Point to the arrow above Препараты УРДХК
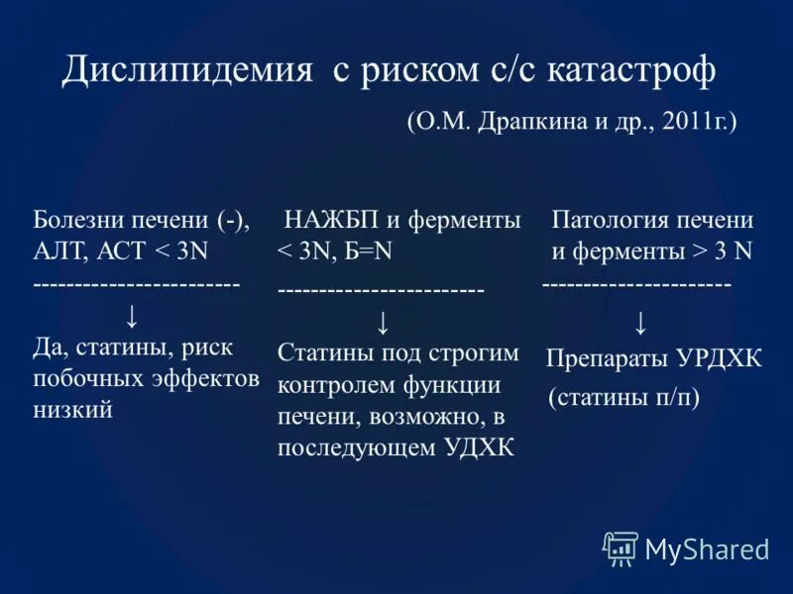pyautogui.click(x=641, y=322)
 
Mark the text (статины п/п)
pyautogui.click(x=623, y=399)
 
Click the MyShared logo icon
pyautogui.click(x=621, y=547)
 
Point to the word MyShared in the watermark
pyautogui.click(x=707, y=548)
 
